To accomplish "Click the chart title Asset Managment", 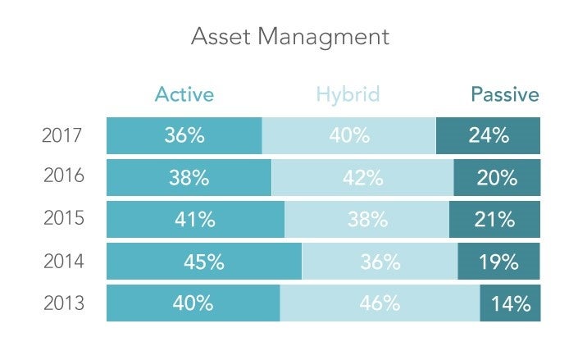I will coord(289,37).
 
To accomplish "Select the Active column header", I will coord(184,94).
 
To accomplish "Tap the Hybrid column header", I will coord(348,94).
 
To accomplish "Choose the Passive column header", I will coord(504,94).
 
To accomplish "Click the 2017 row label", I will coord(62,135).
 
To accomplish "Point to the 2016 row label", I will coord(62,177).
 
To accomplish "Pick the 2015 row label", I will coord(62,220).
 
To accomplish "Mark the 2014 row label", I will coord(62,262).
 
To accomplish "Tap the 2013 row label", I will coord(62,303).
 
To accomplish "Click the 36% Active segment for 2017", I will coord(184,135).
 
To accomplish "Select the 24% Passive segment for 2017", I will coord(489,135).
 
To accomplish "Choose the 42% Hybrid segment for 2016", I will coord(362,177).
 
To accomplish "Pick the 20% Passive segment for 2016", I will coord(497,177).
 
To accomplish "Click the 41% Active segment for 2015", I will coord(195,220).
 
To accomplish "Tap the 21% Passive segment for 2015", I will coord(494,220).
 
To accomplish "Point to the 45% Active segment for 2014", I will coord(204,262).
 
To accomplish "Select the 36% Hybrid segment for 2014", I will coord(380,262).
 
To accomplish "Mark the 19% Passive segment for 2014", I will coord(498,262).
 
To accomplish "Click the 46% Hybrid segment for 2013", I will coord(380,303).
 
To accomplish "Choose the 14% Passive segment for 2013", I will coord(510,304).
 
